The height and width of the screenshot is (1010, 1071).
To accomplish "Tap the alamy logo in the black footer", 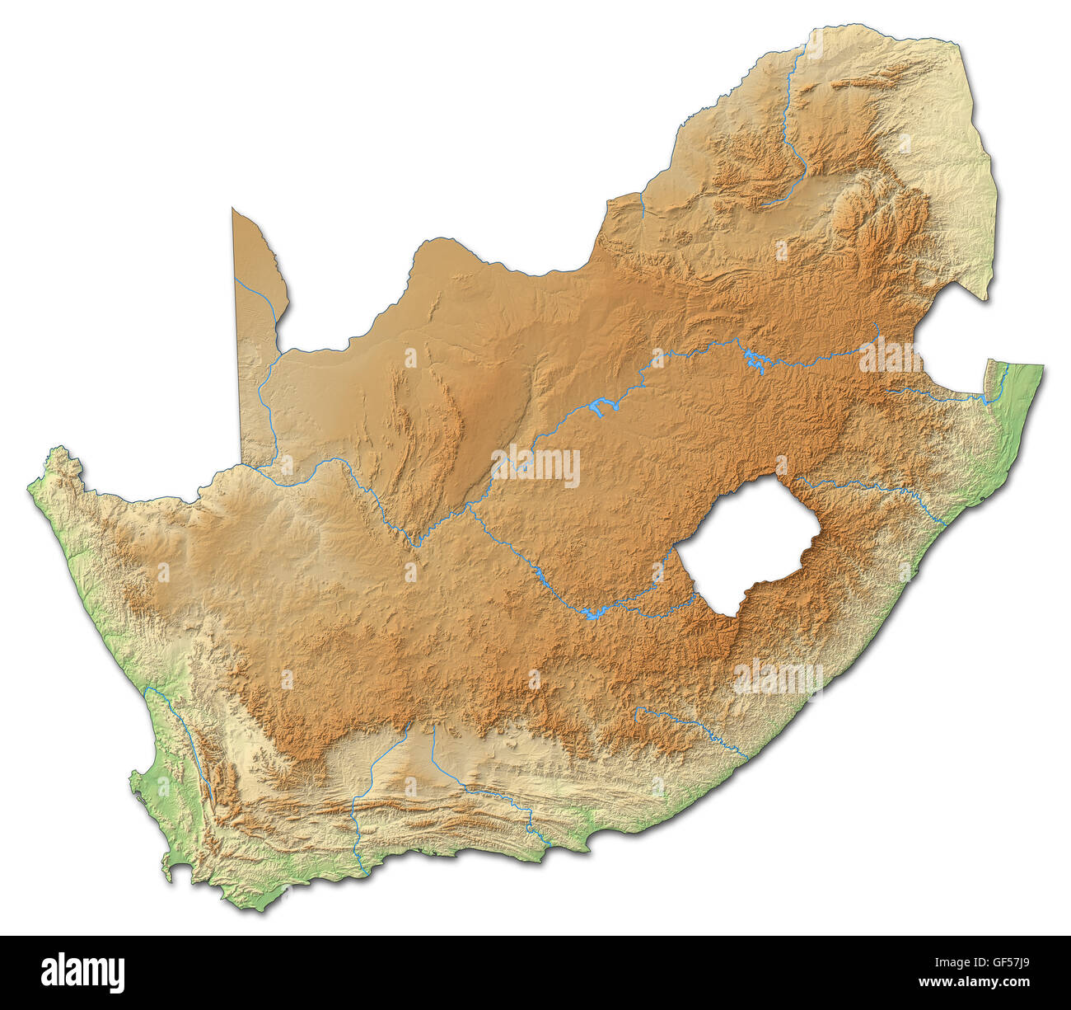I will point(82,973).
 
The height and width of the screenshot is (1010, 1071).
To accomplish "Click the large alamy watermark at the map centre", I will point(535,467).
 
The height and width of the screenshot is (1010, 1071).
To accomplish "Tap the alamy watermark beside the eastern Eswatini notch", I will point(890,356).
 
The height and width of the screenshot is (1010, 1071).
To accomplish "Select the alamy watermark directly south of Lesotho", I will point(778,678).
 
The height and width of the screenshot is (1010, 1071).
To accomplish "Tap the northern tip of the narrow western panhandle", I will point(234,211).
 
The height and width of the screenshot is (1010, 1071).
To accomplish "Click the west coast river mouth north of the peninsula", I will point(147,689).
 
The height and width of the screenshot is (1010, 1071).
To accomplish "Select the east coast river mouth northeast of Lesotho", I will point(944,523).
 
